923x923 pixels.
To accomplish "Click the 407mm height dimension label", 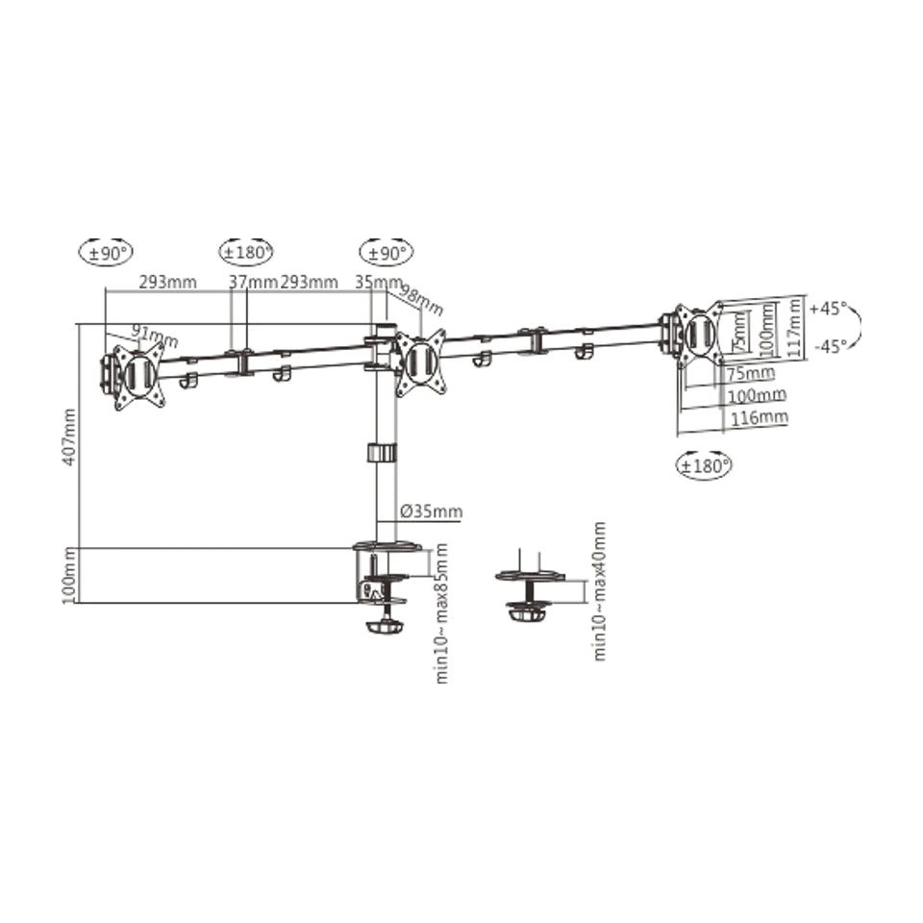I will click(x=67, y=437).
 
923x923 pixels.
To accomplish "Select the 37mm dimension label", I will click(x=253, y=282).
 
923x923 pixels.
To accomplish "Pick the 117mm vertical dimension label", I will click(x=794, y=328).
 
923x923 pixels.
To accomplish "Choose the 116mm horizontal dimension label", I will click(x=757, y=417).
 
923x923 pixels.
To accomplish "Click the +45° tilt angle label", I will click(x=828, y=310).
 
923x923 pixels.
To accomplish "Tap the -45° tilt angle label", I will click(x=828, y=346).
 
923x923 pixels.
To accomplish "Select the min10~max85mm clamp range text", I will click(x=442, y=612).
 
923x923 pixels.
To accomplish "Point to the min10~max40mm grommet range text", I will click(x=599, y=590).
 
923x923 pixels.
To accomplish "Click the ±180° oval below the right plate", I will click(x=705, y=466).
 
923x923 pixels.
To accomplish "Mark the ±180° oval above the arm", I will click(x=246, y=253).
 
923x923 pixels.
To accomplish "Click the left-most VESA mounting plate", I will click(x=135, y=375).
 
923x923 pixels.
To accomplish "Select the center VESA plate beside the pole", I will click(x=421, y=362).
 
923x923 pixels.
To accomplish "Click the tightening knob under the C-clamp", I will click(x=387, y=627).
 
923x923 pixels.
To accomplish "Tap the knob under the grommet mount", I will click(x=528, y=612).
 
